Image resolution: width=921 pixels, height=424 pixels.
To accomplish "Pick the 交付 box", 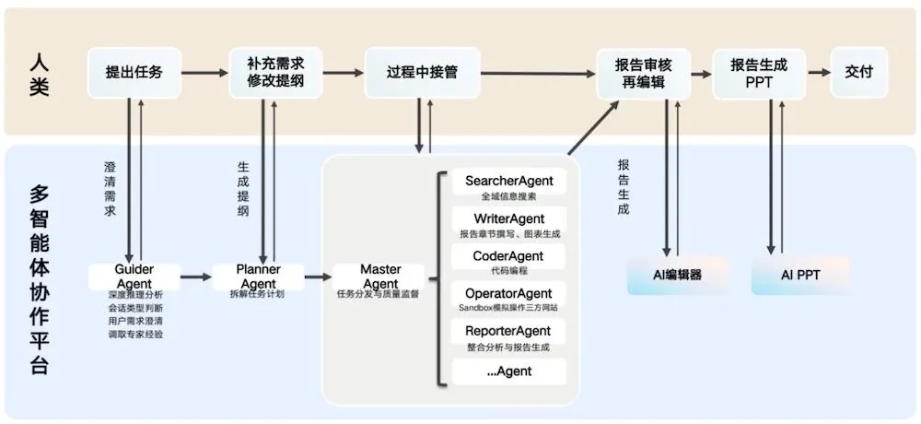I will pos(858,72).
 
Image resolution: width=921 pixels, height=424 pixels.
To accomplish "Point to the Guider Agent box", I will pos(134,276).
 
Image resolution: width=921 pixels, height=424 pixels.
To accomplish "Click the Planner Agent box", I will pos(258,276).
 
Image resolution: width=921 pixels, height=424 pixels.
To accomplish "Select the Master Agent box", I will pos(380,276).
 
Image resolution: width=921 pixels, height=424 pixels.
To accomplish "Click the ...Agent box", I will pos(508,372).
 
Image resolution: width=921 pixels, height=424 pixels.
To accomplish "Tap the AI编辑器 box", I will pos(677,276).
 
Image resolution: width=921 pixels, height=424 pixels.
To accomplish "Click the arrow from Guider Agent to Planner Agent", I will pos(196,276).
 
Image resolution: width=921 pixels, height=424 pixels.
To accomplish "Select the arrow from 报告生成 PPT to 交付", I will pos(818,72).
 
